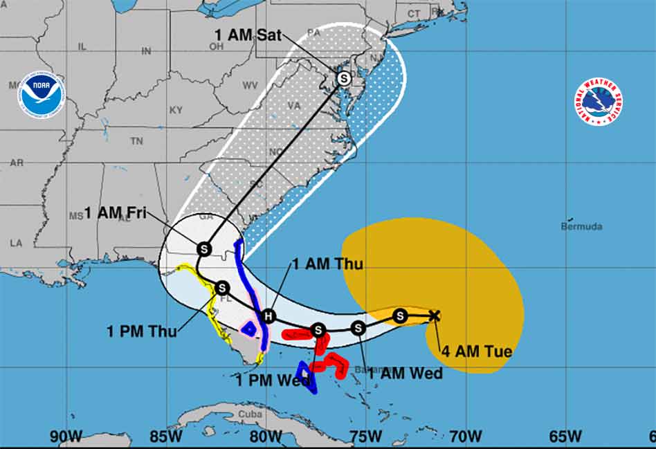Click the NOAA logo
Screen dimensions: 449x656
coord(41,95)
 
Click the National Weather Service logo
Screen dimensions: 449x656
coord(599,102)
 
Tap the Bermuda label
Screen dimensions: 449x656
coord(581,226)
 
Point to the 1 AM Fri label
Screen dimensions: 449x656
coord(116,213)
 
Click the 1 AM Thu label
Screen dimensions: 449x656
coord(327,264)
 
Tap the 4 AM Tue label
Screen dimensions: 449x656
coord(476,351)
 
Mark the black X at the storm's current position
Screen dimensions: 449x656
coord(435,316)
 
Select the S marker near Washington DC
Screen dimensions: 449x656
coord(343,79)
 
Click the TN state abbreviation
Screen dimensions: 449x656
coord(136,140)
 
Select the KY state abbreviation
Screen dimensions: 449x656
coord(176,110)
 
